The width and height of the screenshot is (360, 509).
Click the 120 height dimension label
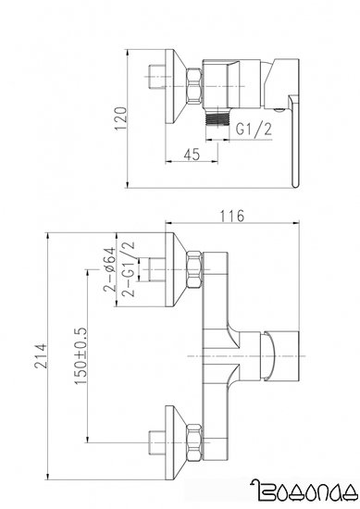[x=120, y=118]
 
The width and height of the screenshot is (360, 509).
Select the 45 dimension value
[x=192, y=155]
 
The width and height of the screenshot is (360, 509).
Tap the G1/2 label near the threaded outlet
[x=254, y=130]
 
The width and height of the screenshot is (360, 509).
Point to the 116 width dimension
[x=231, y=216]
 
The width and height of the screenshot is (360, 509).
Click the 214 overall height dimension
[x=42, y=355]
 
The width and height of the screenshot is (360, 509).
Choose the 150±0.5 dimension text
[x=81, y=355]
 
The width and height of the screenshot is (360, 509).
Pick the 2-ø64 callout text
[x=109, y=269]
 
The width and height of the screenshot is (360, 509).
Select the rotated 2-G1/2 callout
[x=128, y=269]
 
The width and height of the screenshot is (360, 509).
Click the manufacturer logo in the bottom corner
[x=304, y=491]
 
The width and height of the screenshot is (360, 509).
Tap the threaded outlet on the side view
[x=217, y=118]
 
